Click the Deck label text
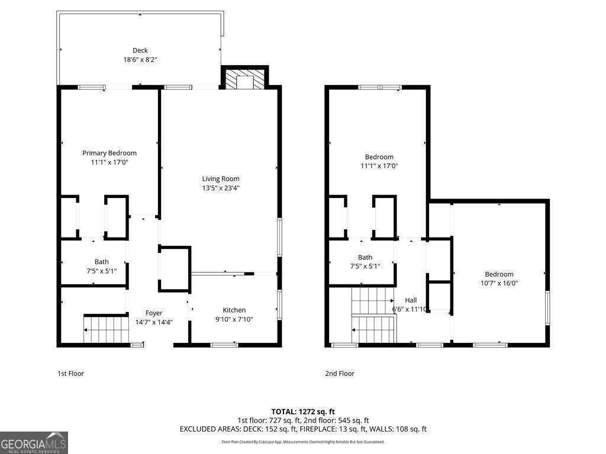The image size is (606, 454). coord(140,50)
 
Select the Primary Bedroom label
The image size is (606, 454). coord(109,153)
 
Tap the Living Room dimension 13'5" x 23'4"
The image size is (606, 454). coord(221,188)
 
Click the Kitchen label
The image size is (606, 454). coord(234,310)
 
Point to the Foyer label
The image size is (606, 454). coord(154,313)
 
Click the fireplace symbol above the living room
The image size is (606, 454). coord(244,81)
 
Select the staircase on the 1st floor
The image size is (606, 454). coord(107,330)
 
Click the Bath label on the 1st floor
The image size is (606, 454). coord(102,262)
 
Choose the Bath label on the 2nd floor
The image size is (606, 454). coord(365,257)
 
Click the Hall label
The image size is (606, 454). coord(411,300)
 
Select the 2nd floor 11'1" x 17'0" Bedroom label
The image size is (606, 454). coord(379,157)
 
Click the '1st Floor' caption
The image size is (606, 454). coord(70,374)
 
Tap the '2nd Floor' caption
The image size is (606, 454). coord(340,374)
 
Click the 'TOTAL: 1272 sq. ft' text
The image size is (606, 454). coord(303,411)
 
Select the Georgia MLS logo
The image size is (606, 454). coord(34,443)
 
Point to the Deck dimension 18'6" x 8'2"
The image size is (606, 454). coord(140,60)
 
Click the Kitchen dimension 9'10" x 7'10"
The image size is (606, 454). coord(234,319)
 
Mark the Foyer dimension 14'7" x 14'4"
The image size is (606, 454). coord(154,322)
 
